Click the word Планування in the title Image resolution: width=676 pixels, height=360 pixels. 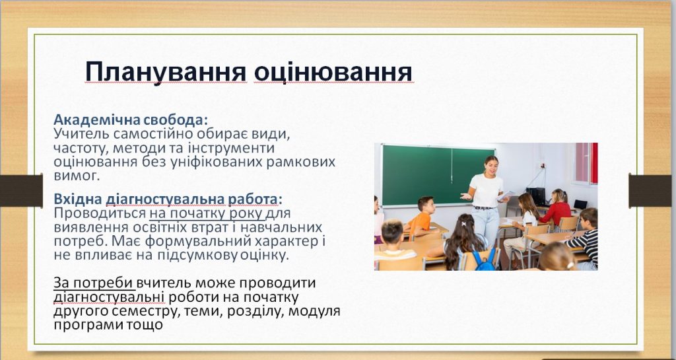[x=166, y=71]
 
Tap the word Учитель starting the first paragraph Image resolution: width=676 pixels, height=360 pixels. [x=79, y=133]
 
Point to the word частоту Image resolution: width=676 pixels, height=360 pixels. [x=80, y=149]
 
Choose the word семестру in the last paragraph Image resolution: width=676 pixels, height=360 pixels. [x=147, y=311]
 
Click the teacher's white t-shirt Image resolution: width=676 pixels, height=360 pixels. [x=486, y=190]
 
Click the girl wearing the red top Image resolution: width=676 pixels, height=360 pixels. [x=557, y=208]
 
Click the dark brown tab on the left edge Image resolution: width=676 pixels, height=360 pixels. [x=21, y=190]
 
